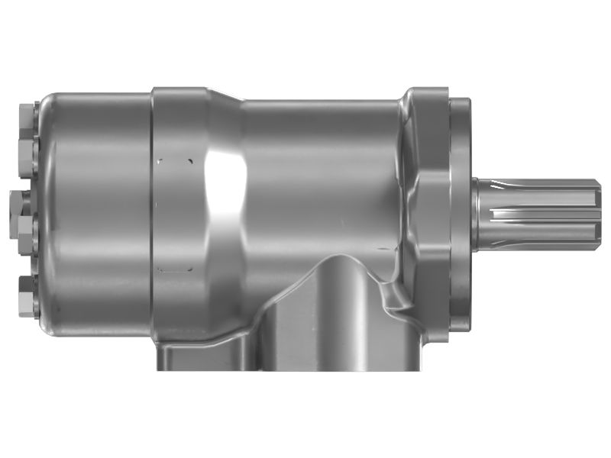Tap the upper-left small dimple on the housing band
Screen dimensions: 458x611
coord(160,161)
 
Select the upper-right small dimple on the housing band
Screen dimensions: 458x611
coord(189,161)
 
